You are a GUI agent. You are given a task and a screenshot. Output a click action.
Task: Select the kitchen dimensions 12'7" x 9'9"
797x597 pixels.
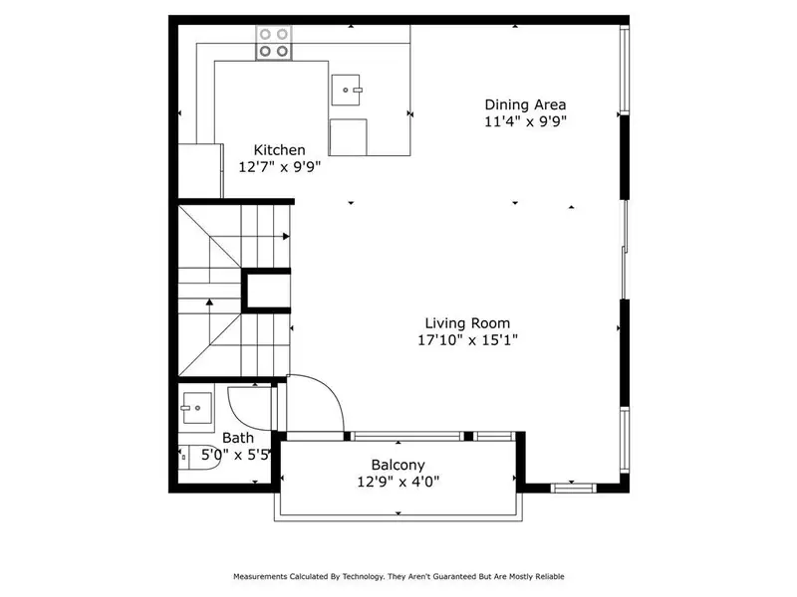(x=265, y=167)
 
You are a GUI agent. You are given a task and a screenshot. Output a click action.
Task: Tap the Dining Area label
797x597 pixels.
(x=525, y=104)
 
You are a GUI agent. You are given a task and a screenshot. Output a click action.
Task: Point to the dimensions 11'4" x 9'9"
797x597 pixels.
(x=525, y=122)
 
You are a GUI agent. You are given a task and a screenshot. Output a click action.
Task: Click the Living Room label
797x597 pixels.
(x=467, y=322)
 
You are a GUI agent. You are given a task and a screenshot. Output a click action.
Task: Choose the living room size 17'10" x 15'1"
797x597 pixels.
(x=467, y=340)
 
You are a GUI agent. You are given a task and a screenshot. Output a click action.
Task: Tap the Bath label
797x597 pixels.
(x=237, y=438)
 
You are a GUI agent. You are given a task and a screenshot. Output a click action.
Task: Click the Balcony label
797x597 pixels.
(x=398, y=465)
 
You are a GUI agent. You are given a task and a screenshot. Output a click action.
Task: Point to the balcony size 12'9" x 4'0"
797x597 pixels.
(x=398, y=483)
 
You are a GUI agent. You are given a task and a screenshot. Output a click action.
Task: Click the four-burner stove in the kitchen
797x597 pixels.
(x=275, y=42)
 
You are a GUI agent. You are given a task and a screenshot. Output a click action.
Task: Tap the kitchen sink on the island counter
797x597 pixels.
(x=349, y=91)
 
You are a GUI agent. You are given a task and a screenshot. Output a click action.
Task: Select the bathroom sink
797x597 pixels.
(x=196, y=409)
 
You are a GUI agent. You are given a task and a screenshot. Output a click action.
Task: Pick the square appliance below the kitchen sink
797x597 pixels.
(x=348, y=137)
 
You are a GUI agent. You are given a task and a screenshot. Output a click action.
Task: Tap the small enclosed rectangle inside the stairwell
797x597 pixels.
(x=266, y=291)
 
